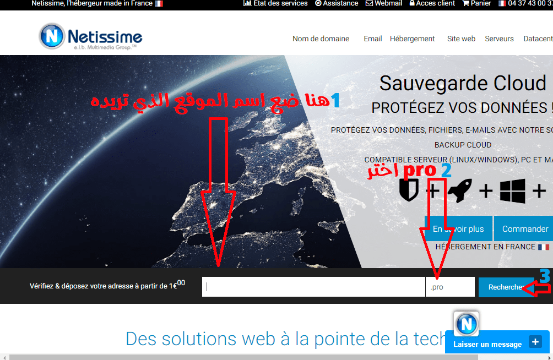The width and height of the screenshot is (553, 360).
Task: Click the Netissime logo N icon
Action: pos(52,36)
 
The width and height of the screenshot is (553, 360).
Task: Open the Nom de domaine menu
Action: pos(321,39)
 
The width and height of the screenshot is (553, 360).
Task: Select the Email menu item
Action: pos(373,39)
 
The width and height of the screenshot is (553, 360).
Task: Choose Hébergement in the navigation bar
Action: pos(413,39)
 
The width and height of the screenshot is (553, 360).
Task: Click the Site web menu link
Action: pos(461,39)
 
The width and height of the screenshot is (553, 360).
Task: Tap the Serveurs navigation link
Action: pos(499,39)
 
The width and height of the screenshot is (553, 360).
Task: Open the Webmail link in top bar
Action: pos(384,3)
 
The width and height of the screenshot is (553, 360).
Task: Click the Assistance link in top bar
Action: pos(337,3)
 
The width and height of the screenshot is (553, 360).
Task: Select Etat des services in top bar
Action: pos(275,3)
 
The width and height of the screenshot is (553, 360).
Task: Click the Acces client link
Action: pos(432,3)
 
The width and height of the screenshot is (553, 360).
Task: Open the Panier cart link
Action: pos(476,3)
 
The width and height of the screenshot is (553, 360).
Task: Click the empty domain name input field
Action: pos(313,287)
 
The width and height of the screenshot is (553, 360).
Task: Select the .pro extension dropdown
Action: pos(450,287)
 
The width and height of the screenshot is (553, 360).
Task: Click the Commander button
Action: pos(523,229)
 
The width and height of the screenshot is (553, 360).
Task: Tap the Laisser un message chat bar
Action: pos(497,342)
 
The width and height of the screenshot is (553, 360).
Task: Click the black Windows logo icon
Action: pos(512,191)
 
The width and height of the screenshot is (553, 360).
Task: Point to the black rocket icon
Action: pos(460,190)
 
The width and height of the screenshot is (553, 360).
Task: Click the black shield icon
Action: pos(409,189)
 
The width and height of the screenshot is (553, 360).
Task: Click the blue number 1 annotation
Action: pos(335,100)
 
